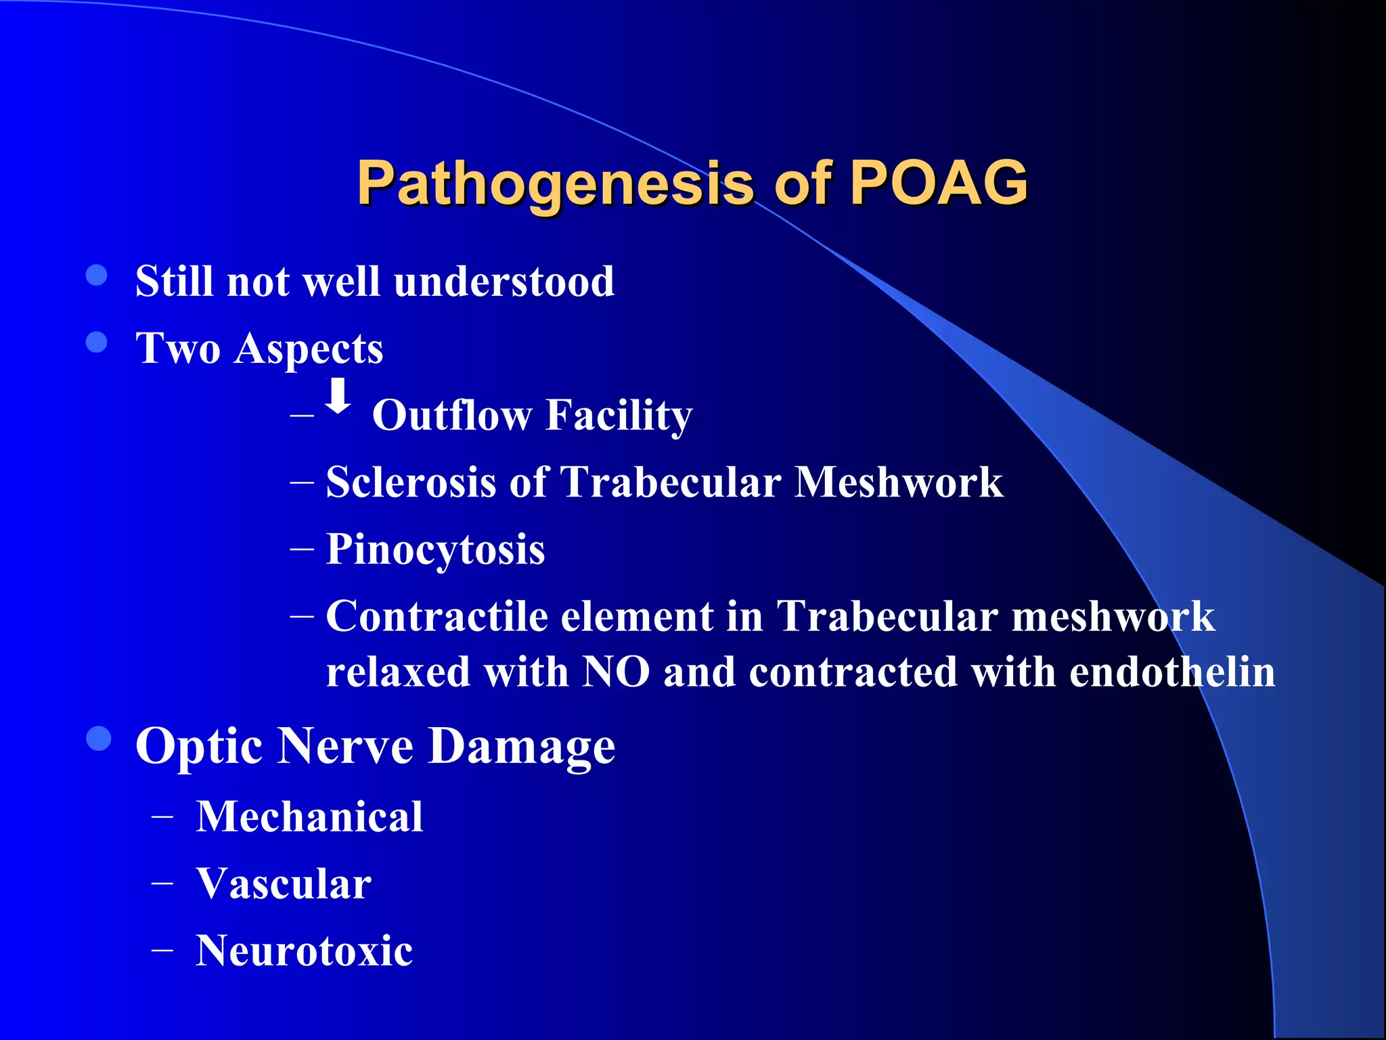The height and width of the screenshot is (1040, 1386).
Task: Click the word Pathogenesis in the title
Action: (555, 183)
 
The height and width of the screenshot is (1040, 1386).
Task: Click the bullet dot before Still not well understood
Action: (97, 276)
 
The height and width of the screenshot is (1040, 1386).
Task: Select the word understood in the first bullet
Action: (504, 281)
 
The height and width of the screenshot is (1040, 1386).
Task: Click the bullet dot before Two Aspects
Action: (97, 343)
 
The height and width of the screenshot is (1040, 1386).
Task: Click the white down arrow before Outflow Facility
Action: (338, 397)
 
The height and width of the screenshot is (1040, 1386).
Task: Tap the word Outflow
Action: (452, 415)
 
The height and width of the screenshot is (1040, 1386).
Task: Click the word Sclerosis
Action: (411, 482)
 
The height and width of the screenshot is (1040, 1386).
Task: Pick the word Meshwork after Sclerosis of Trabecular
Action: (899, 482)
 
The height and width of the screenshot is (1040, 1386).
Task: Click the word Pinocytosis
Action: (436, 549)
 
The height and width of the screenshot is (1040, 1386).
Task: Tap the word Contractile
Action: (437, 616)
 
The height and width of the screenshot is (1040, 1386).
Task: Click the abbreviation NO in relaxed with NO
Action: (616, 672)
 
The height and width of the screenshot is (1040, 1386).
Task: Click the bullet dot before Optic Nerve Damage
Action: (99, 739)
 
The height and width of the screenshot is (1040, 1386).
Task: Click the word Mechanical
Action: (310, 817)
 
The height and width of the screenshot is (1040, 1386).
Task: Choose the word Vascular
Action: (284, 884)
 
